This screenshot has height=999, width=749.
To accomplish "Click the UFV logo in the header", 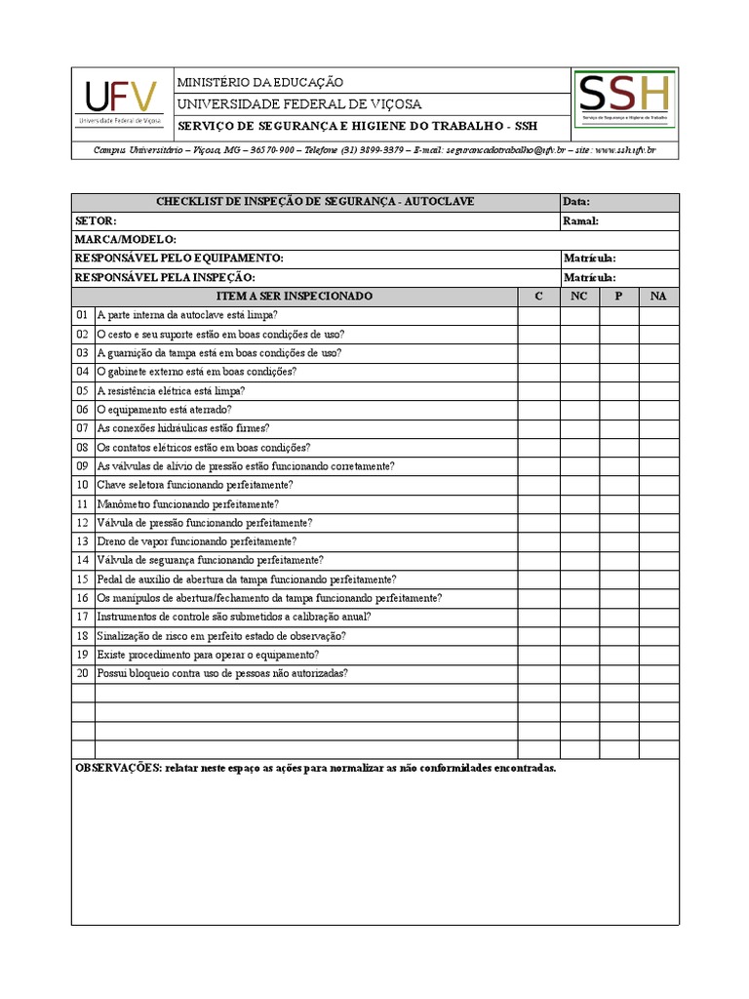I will click(x=121, y=101).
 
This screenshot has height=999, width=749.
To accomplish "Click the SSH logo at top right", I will click(x=624, y=100).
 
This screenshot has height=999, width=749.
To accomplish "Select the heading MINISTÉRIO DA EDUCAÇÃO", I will click(x=259, y=83).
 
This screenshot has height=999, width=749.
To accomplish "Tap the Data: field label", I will click(x=576, y=202).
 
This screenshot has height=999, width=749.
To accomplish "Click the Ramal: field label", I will click(x=580, y=220).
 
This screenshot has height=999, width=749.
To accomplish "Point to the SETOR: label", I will click(x=96, y=220).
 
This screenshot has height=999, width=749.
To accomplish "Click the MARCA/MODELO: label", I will click(x=125, y=240).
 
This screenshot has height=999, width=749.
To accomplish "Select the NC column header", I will click(x=578, y=296).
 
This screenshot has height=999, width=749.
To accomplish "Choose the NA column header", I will click(x=658, y=296).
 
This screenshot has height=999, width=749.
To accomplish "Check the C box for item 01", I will click(x=537, y=315).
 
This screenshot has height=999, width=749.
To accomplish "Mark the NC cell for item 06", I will click(x=578, y=410).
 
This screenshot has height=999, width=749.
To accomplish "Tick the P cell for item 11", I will click(x=618, y=504).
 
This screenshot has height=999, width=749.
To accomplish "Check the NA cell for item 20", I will click(x=658, y=674).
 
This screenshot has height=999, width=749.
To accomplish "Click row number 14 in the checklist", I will click(x=82, y=561).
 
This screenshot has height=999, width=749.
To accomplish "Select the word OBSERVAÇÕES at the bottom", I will click(x=118, y=769).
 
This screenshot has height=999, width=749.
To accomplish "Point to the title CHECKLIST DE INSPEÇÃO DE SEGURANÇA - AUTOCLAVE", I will click(x=315, y=202).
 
